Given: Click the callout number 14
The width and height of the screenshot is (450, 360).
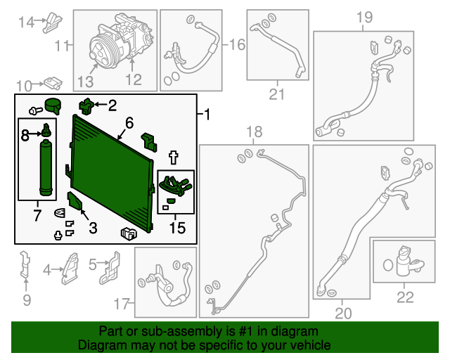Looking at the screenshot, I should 26,22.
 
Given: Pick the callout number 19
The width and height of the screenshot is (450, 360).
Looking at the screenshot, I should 364,17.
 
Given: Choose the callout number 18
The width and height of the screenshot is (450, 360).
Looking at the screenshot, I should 253,131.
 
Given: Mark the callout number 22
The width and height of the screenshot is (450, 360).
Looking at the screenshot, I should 405,297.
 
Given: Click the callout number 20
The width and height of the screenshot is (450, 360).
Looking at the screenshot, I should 343,312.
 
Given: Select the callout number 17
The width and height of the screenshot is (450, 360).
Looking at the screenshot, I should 122,304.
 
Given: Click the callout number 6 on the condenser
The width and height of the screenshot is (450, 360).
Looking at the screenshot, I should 129,123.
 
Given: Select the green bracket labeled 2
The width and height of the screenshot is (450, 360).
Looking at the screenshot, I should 86,106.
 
